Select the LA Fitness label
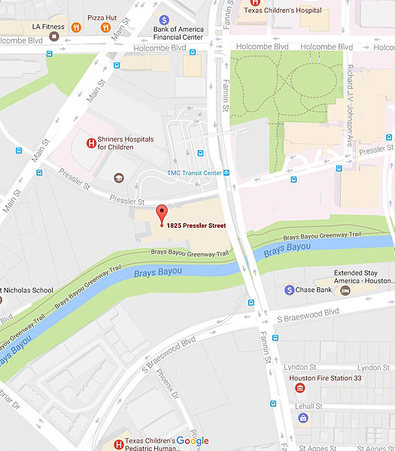pos(48,26)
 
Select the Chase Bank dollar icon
pos(290,289)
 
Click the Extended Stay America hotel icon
pos(345,290)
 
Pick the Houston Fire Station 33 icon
pos(300,388)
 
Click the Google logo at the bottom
pos(193,441)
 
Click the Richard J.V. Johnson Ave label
pos(348,105)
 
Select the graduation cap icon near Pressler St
pos(117,177)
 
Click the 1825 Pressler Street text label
pos(196,225)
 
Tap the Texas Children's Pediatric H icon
pos(117,444)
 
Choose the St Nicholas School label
pos(26,289)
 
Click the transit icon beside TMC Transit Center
pos(225,173)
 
